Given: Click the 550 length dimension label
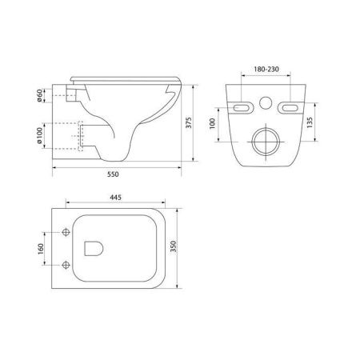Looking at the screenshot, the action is (113, 174).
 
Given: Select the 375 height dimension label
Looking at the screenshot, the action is (189, 122).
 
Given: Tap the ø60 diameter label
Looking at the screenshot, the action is (39, 95).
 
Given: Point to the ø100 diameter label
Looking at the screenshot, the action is (39, 135).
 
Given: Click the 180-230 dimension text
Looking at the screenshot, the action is (266, 70).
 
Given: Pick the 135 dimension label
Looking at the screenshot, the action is (310, 122).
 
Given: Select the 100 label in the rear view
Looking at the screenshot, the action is (212, 124).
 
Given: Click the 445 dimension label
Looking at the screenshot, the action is (115, 198).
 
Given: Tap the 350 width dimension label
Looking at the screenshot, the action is (174, 246).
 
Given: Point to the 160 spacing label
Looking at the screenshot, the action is (41, 249).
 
